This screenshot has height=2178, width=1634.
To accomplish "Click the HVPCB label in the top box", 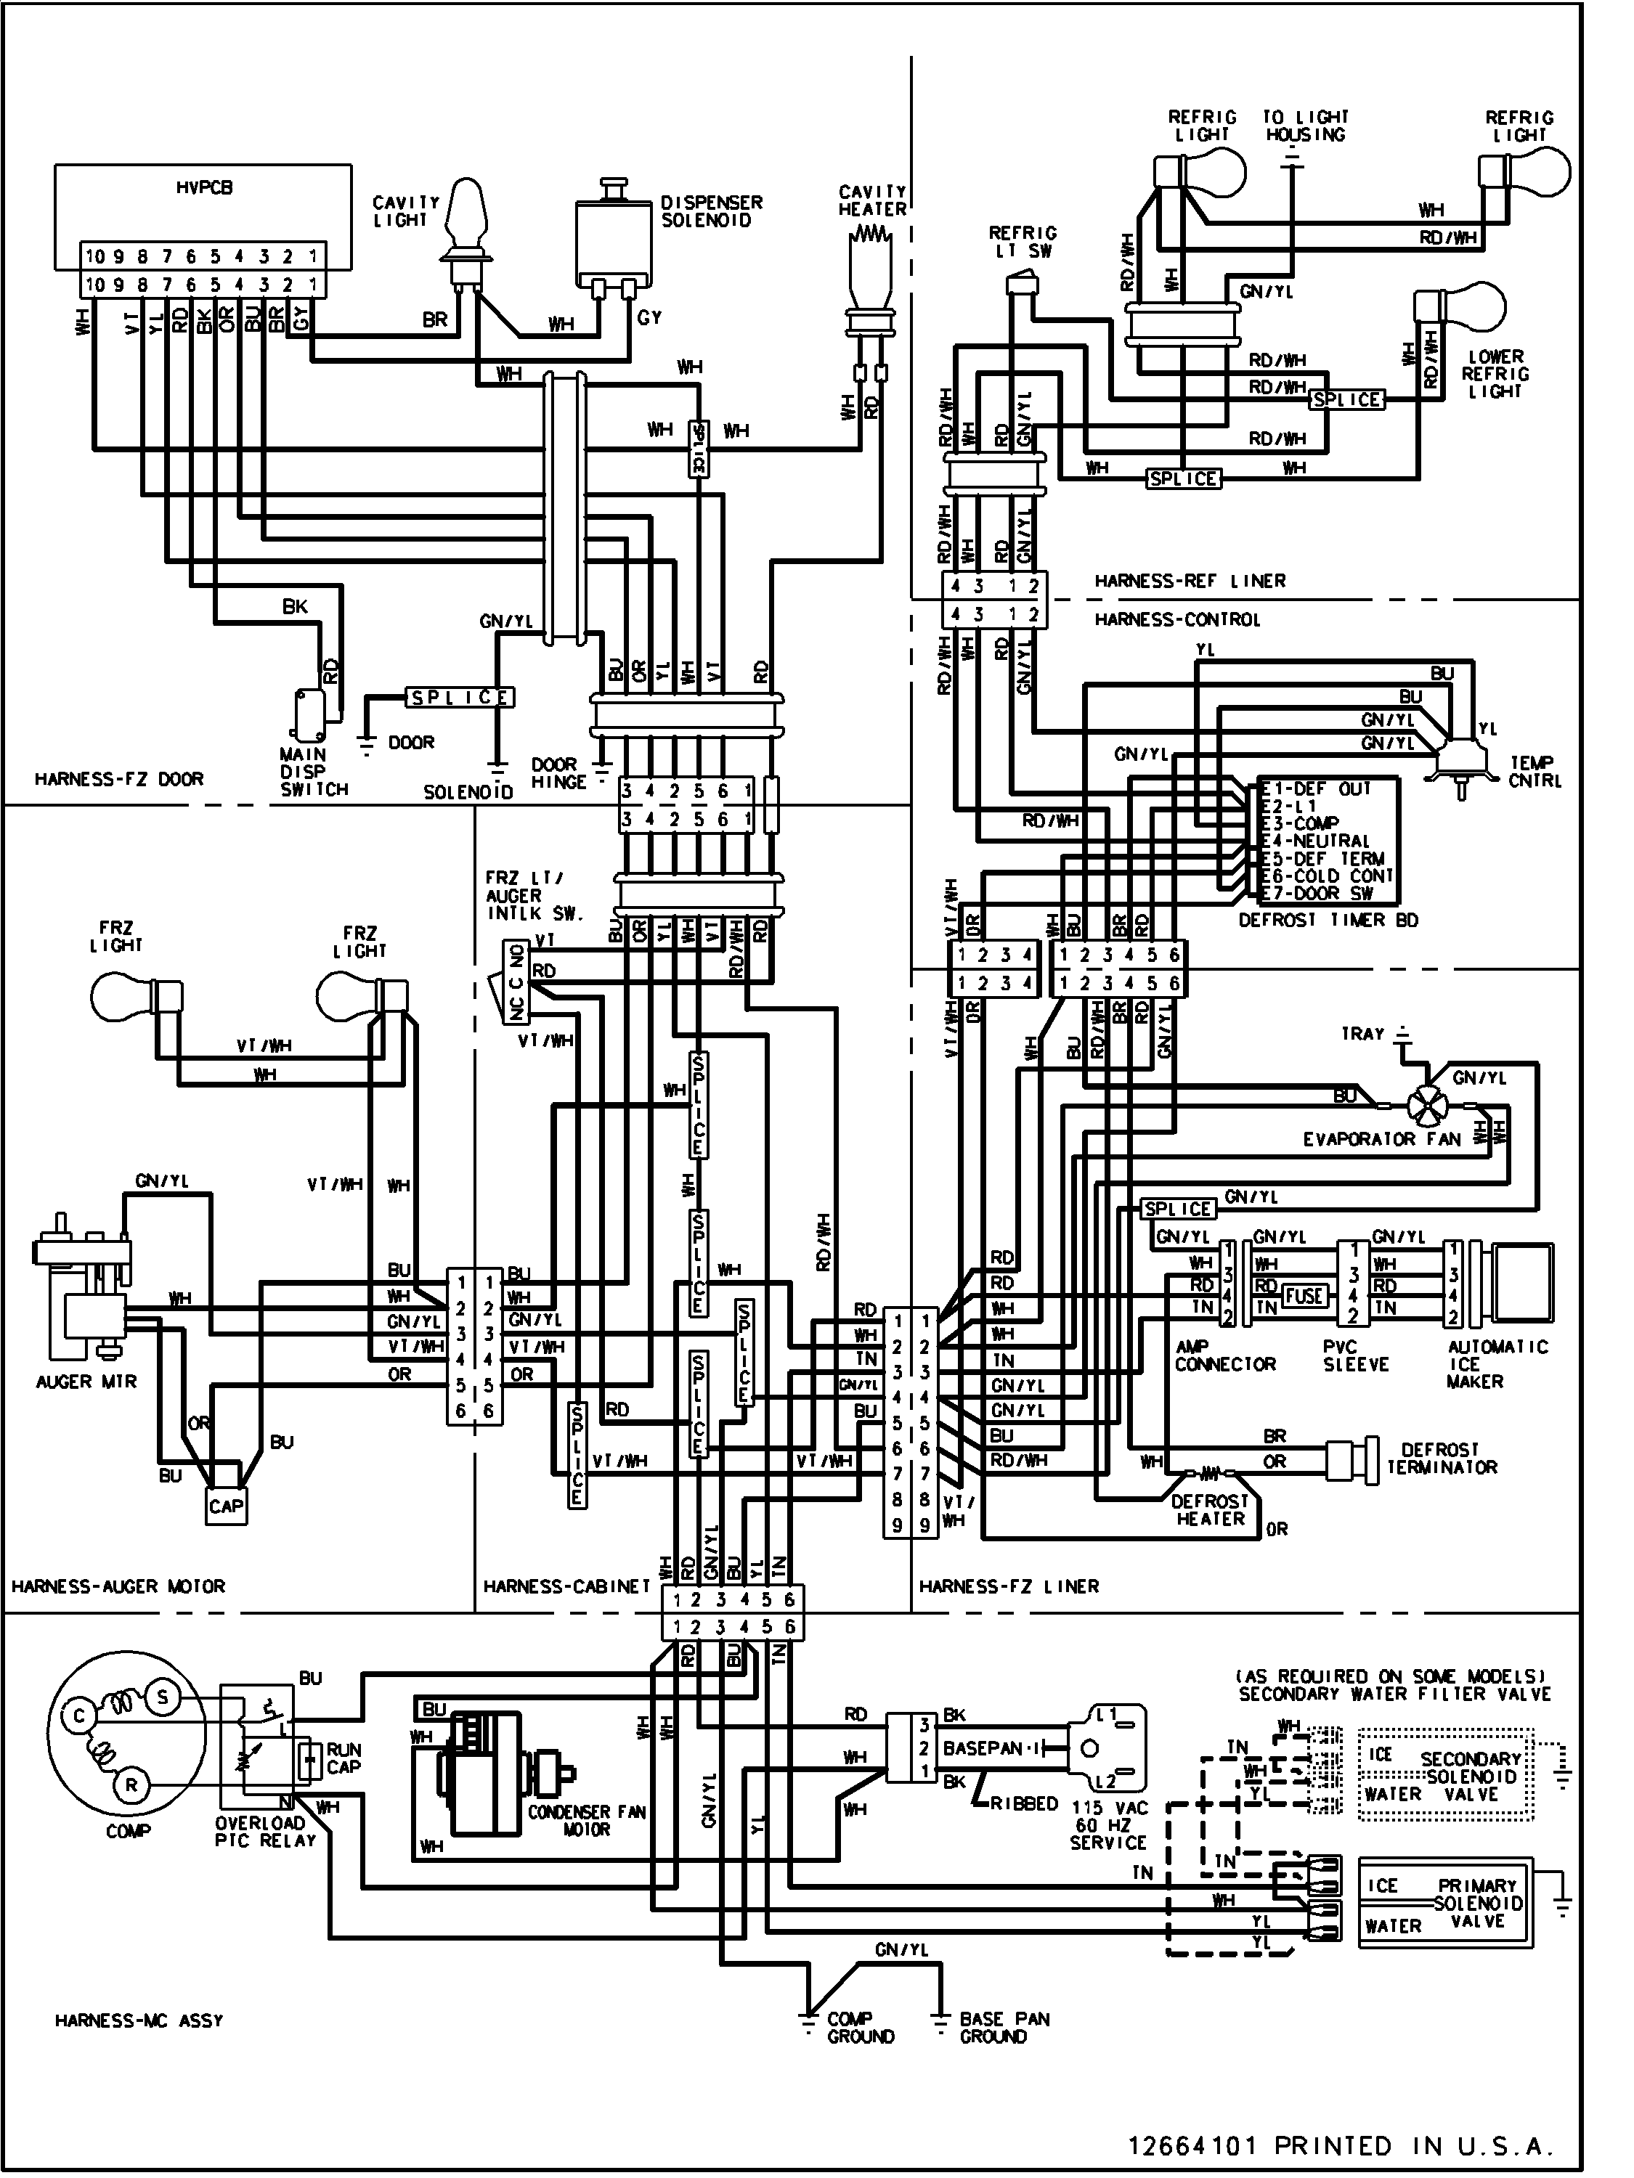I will point(205,187).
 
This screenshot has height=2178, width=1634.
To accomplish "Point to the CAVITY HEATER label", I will point(871,201).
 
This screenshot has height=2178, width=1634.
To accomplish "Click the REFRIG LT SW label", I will point(1023,241).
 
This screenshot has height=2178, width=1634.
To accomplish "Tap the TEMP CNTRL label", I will point(1534,771).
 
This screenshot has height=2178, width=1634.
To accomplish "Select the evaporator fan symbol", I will point(1425,1106).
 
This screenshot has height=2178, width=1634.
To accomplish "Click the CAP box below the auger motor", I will point(227,1506).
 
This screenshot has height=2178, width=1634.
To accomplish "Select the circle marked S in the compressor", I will point(161,1697).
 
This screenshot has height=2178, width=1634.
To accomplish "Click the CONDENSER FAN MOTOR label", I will point(586,1819).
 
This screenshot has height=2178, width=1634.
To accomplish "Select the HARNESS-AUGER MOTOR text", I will point(118,1586).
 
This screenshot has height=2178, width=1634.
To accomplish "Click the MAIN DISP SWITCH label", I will point(313,771).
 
